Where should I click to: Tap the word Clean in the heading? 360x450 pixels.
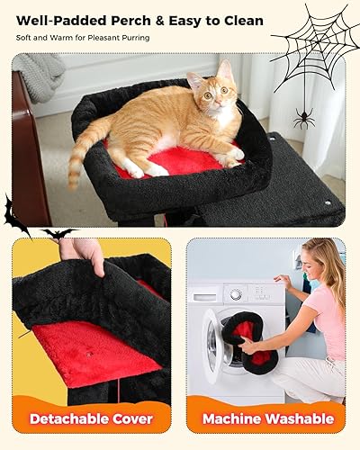point(240,20)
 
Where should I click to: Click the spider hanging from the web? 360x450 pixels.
point(302,119)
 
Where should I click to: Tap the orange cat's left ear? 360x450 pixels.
point(224,69)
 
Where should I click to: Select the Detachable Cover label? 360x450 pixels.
point(92,418)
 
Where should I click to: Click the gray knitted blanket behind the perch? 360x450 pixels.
point(38,76)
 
